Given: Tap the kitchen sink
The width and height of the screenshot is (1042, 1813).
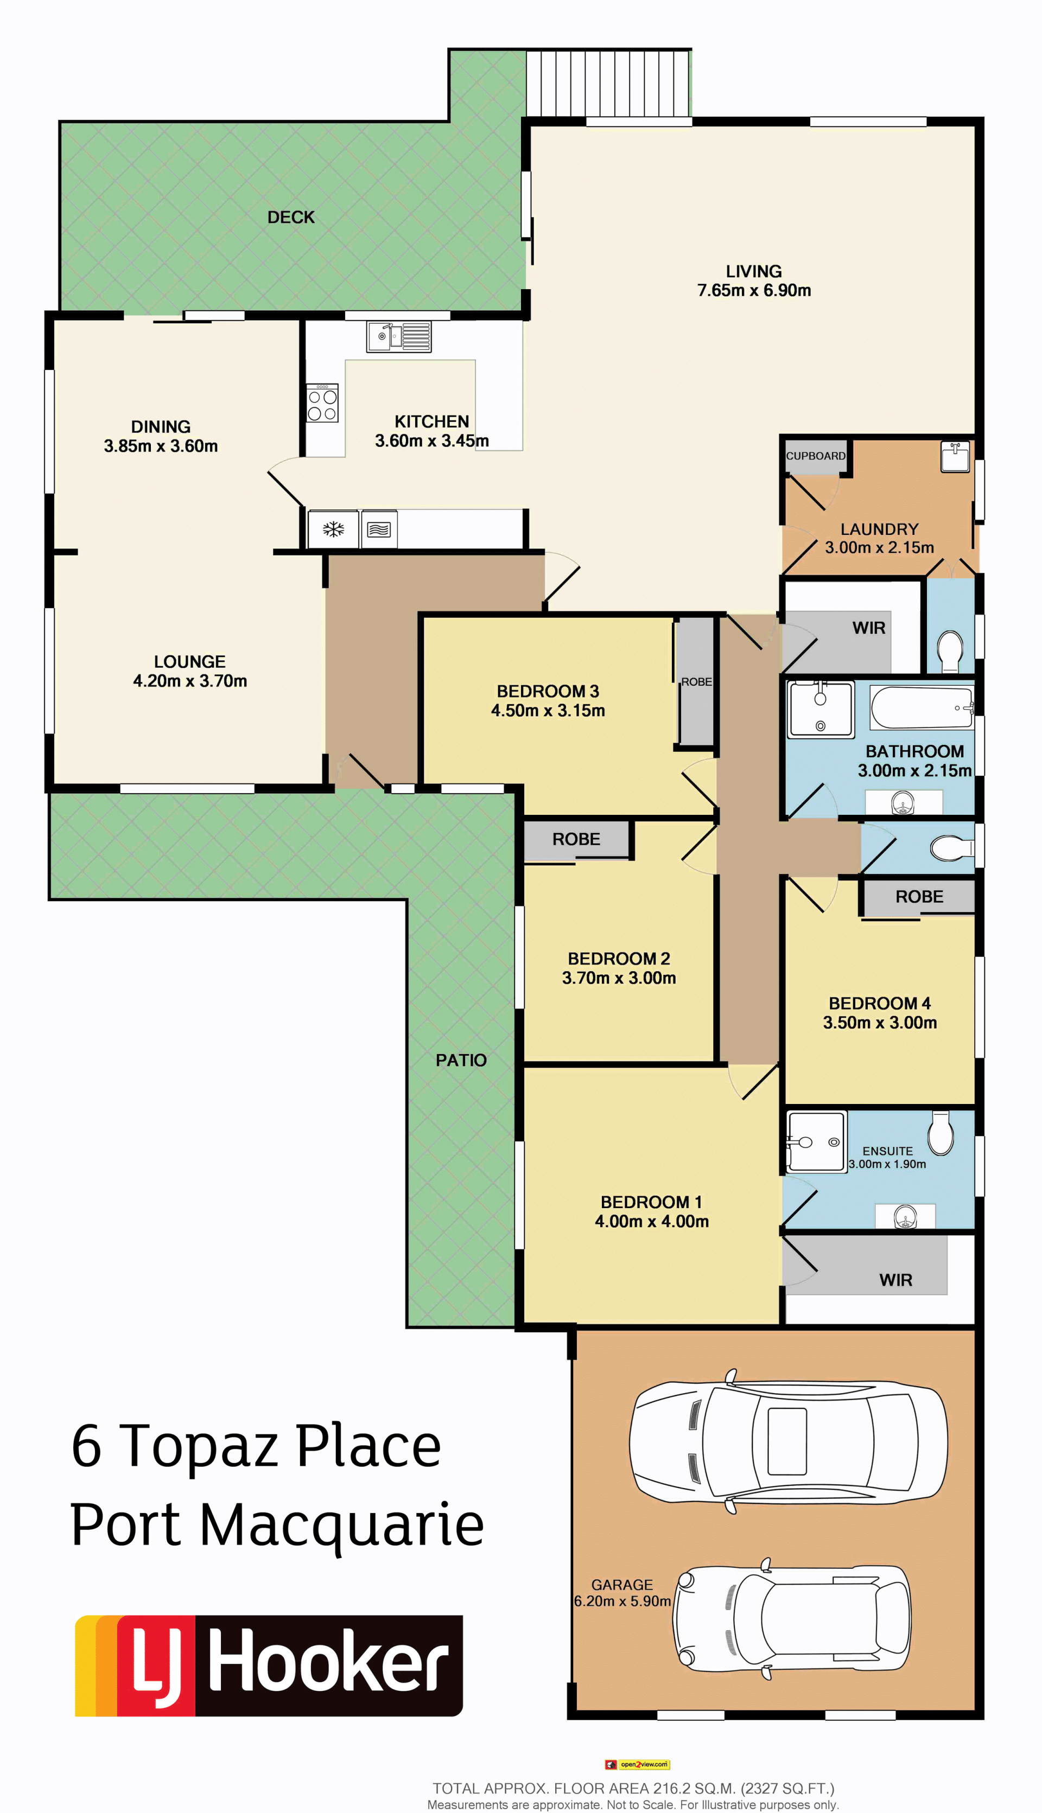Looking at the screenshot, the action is [x=399, y=337].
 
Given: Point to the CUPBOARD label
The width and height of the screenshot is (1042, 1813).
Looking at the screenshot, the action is [x=815, y=456].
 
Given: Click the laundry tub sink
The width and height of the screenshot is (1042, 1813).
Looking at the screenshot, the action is [x=955, y=457].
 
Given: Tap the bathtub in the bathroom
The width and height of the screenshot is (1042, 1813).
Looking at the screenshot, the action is [x=922, y=707].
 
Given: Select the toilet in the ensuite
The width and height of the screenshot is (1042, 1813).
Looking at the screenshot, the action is [x=941, y=1133].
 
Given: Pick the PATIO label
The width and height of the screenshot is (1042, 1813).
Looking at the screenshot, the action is [x=461, y=1060].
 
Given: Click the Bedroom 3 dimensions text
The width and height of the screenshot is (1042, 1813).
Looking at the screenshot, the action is [x=548, y=710].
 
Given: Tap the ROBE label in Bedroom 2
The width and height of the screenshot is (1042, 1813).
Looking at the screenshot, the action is [x=576, y=839].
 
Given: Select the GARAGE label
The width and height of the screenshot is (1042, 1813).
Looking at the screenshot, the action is [x=622, y=1585].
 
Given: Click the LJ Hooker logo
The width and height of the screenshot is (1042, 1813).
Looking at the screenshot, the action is [x=269, y=1665].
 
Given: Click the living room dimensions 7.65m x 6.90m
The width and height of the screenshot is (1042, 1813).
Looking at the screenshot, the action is [x=754, y=290].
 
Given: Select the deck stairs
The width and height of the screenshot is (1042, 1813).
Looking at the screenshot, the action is [x=608, y=83].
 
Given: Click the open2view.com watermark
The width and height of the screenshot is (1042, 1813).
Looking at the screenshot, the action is [x=638, y=1764].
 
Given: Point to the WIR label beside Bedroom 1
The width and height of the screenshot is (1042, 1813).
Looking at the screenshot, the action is [x=895, y=1280].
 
